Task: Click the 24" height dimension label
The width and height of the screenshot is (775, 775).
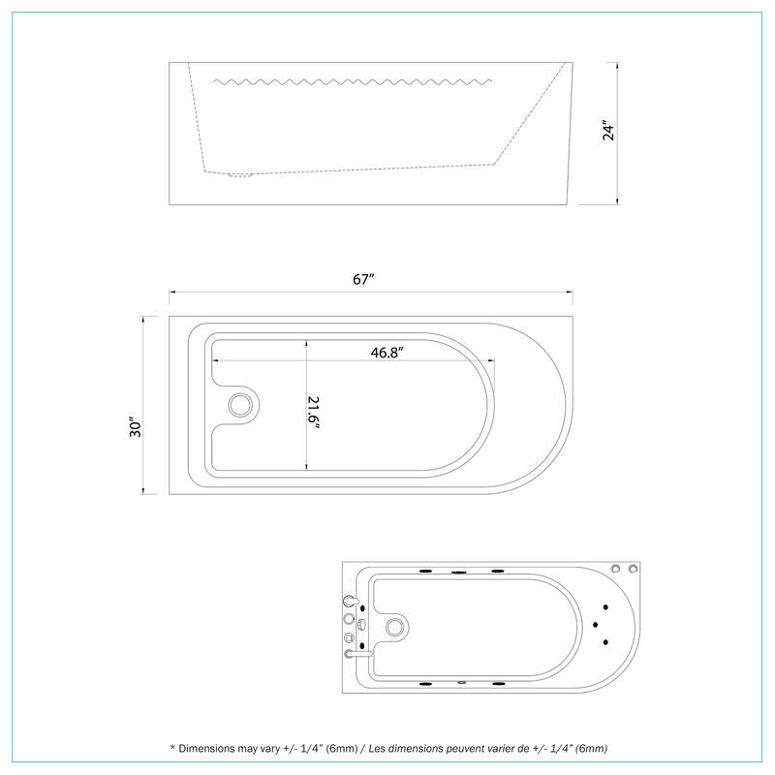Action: [x=607, y=131]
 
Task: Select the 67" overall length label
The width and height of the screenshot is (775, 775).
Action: [x=363, y=279]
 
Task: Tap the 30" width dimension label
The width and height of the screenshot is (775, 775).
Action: [x=137, y=427]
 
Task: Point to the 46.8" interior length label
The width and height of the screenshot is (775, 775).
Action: [x=387, y=353]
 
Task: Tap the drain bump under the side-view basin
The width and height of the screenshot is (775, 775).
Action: [x=239, y=176]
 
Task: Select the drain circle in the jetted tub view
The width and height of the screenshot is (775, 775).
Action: [x=395, y=628]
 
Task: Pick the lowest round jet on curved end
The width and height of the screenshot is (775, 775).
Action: [x=606, y=641]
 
